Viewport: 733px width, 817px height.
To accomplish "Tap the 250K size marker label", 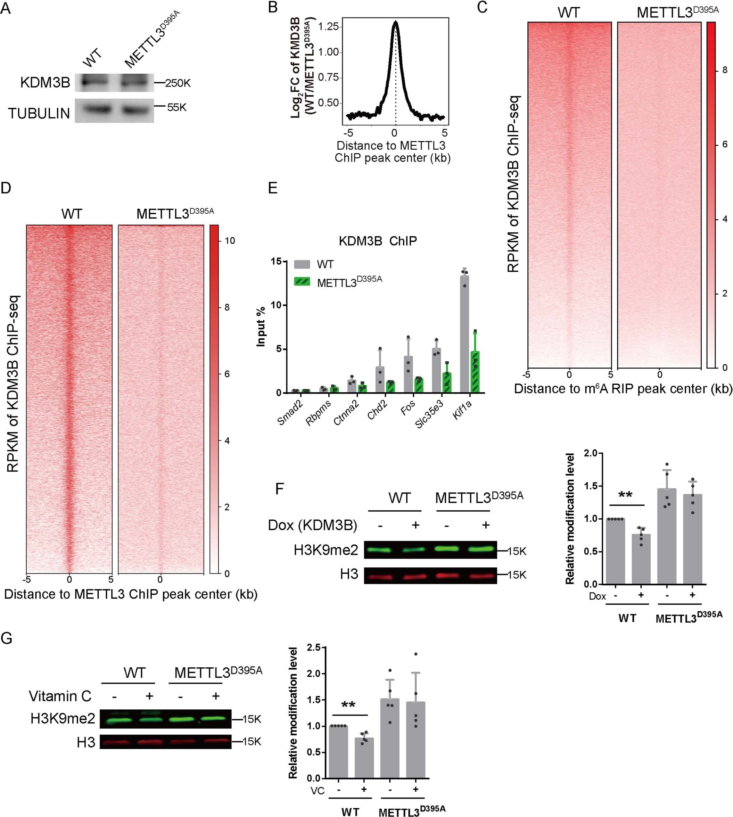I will (x=177, y=83).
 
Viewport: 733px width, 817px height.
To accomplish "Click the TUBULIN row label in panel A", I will (x=39, y=114).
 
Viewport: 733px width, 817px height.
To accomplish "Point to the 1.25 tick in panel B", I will (x=328, y=27).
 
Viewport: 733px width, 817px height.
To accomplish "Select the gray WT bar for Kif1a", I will (x=464, y=334).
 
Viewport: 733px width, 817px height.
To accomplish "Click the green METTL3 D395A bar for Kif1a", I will (x=475, y=372).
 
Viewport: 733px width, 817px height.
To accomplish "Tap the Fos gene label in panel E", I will (x=408, y=407).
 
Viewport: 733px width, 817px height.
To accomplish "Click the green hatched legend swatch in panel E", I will (x=302, y=281).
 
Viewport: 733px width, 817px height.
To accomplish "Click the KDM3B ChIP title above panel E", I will (x=377, y=241).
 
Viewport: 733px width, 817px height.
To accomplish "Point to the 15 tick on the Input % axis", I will (x=276, y=261).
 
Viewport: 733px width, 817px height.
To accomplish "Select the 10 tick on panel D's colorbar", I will (x=230, y=241).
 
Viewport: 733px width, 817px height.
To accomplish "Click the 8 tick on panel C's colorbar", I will (x=725, y=70).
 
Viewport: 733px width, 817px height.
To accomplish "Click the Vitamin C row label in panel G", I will (x=60, y=696).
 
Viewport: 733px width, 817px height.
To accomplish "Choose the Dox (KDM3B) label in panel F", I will (x=313, y=525).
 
